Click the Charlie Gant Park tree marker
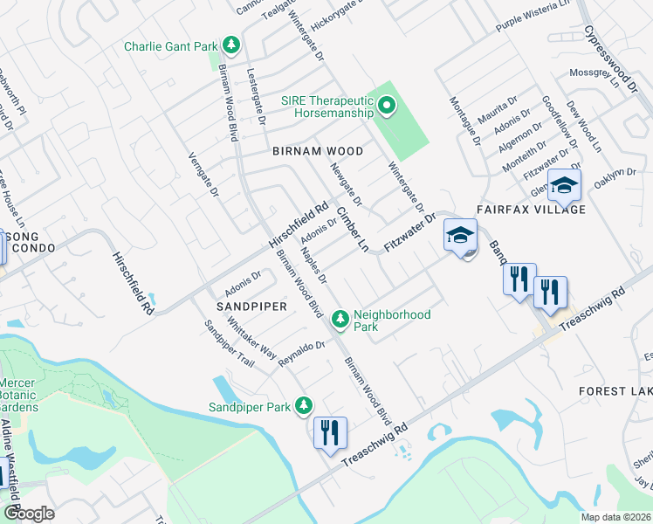(230, 45)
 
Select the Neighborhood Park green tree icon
(340, 320)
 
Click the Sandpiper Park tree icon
(303, 406)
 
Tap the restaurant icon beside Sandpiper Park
(330, 433)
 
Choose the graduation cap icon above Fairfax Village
(565, 185)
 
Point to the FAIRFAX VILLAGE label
(531, 210)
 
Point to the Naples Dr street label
(313, 265)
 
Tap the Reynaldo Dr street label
(301, 353)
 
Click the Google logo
(30, 514)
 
